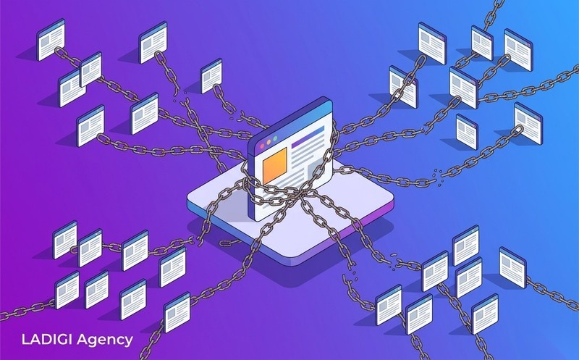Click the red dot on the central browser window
coord(262,146)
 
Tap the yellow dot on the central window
coord(269,143)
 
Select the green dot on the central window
coord(274,139)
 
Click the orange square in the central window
coord(275,165)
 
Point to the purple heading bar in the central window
coord(308,137)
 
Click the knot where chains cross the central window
coord(296,192)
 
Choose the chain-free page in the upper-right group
coord(467,132)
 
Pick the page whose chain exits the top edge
coord(482,43)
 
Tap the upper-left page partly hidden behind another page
coord(70,88)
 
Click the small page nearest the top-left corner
coord(51,40)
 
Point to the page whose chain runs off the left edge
coord(67,290)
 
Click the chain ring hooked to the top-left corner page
coord(59,51)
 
